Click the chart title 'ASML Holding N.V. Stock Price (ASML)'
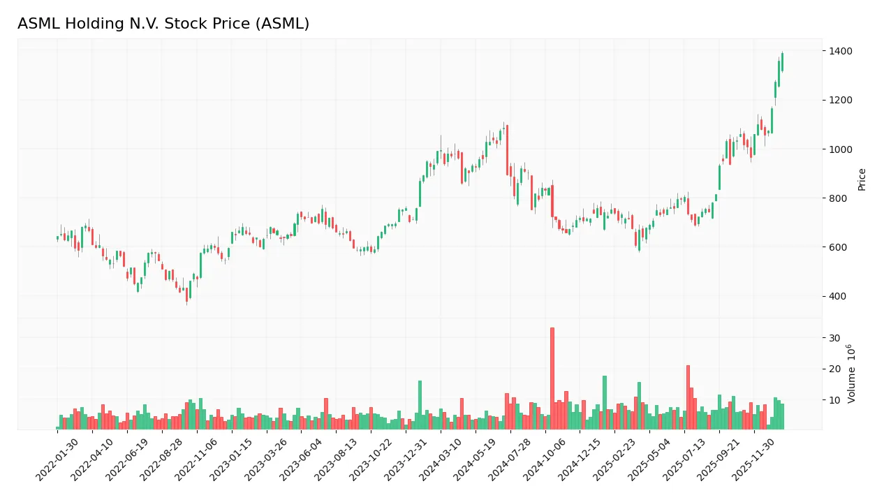click(x=163, y=24)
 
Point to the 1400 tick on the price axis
click(x=841, y=51)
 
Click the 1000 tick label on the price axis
click(x=841, y=149)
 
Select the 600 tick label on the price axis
click(x=839, y=247)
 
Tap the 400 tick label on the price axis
click(x=839, y=296)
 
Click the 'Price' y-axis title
click(x=862, y=179)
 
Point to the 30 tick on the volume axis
click(x=834, y=338)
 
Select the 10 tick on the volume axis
click(x=834, y=400)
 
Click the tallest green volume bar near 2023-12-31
click(x=420, y=404)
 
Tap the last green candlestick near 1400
click(x=782, y=62)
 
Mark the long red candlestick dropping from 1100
click(x=507, y=150)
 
